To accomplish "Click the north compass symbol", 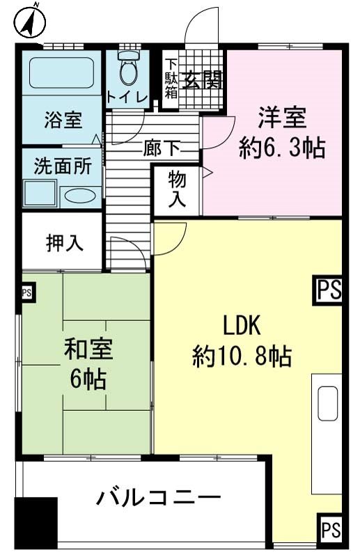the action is [32, 22].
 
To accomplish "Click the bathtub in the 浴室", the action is [61, 73].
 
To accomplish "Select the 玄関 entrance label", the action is [202, 79].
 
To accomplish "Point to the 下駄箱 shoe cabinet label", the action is [171, 79].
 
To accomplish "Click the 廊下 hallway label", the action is [162, 148].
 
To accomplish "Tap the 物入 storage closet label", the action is [177, 189].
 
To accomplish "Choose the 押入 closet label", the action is [65, 243].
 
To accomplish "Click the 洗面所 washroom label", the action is [63, 166].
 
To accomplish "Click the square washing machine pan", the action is [40, 194].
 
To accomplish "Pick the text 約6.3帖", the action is [282, 148].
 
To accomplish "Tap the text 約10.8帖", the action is [242, 356].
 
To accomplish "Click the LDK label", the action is [242, 324].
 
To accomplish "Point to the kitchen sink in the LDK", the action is [328, 404].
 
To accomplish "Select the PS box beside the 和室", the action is [26, 292].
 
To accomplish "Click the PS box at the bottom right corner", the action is [331, 529].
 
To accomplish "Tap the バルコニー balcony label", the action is [159, 497].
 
